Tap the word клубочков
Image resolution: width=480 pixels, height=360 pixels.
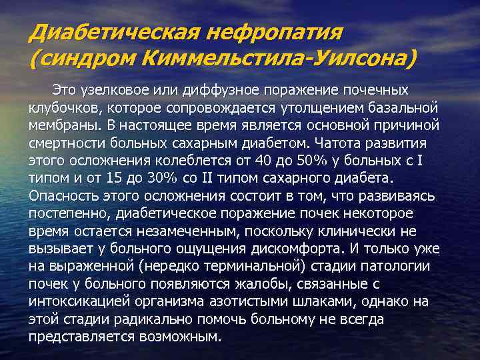point(59,107)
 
